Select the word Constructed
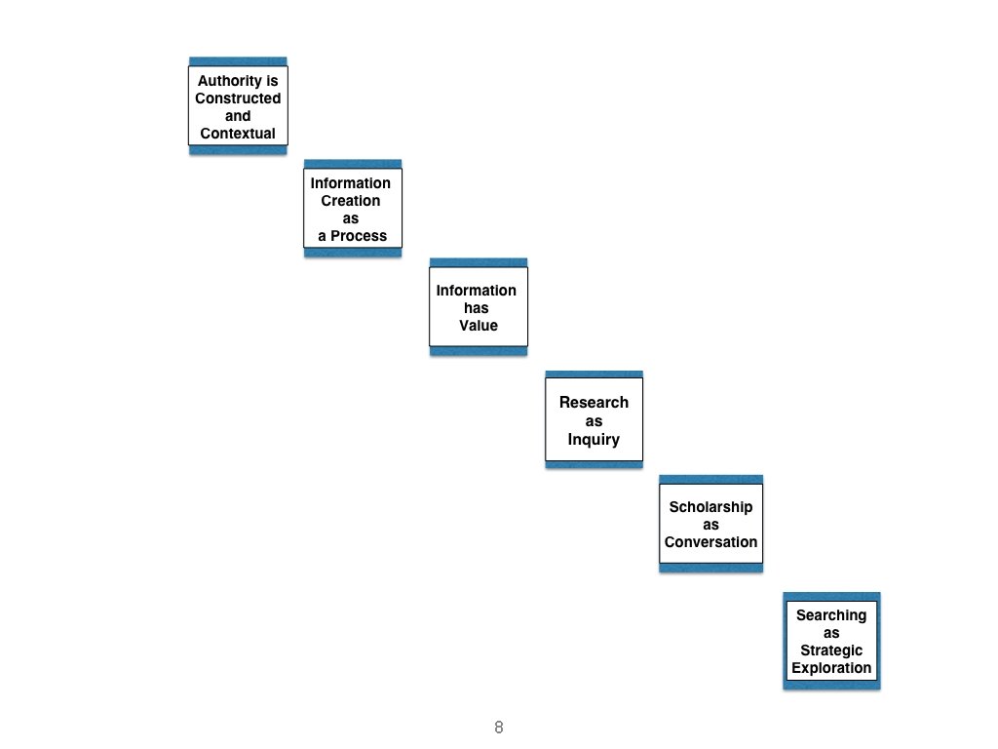point(238,99)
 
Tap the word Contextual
point(238,133)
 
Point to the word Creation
point(351,201)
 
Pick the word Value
point(479,326)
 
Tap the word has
point(477,308)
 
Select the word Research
point(594,402)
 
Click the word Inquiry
point(594,439)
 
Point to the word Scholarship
point(710,507)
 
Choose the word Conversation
point(710,542)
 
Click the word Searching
point(831,615)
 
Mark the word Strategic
point(831,650)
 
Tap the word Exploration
point(831,668)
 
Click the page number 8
point(499,728)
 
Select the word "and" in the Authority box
point(238,116)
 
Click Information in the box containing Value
point(477,291)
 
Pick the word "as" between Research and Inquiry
point(594,420)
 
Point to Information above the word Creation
point(351,183)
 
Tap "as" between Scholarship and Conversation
point(710,525)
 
